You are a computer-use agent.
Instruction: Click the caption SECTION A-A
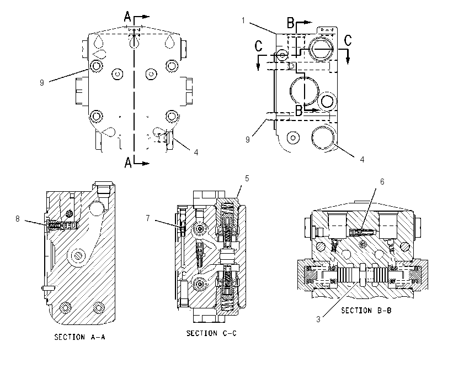point(79,337)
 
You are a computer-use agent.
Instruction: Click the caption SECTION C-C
point(211,333)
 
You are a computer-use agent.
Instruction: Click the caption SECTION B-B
point(366,311)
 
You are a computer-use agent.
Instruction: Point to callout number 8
point(18,219)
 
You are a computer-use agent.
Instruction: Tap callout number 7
point(148,218)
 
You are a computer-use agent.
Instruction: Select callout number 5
point(247,179)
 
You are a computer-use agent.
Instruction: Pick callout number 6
point(382,181)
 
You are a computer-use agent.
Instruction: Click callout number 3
point(318,319)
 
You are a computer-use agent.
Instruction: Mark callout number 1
point(243,20)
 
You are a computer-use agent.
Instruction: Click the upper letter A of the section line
point(127,17)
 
